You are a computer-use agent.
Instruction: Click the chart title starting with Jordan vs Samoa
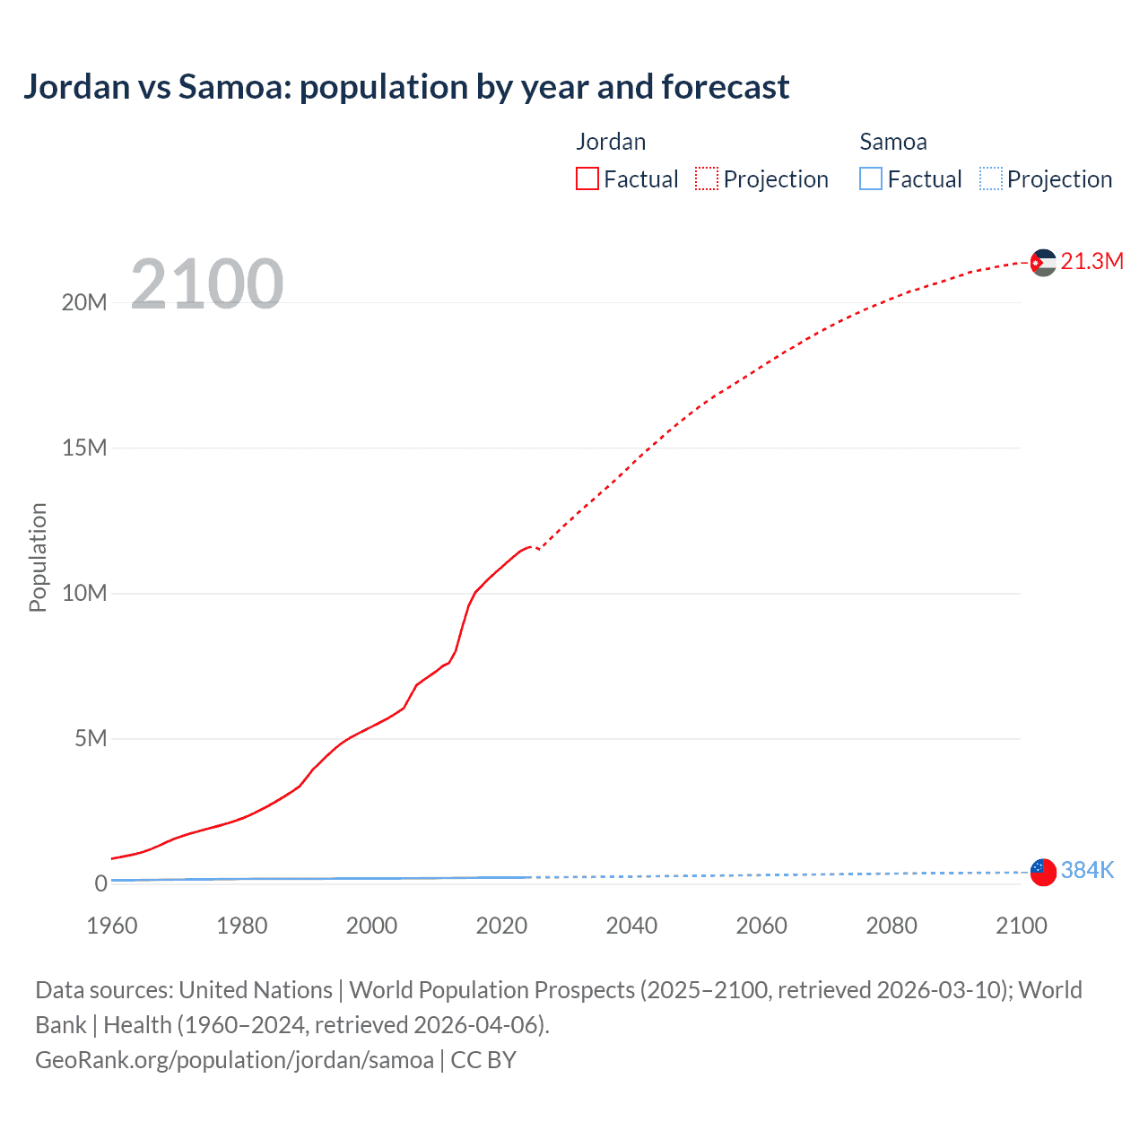pos(406,87)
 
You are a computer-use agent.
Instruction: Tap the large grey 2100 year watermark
pos(207,284)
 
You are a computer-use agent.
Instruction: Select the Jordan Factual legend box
pos(587,178)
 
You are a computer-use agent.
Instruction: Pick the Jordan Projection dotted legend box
pos(707,178)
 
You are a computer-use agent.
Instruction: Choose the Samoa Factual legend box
pos(871,178)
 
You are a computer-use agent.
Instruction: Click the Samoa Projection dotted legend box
pos(991,178)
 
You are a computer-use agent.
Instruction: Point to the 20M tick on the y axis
pos(84,302)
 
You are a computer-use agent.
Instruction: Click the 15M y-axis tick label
pos(84,448)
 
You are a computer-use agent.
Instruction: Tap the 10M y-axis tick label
pos(84,593)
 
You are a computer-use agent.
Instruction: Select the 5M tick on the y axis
pos(91,738)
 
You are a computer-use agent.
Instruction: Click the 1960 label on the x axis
pos(112,926)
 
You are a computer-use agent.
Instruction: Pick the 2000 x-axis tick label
pos(372,926)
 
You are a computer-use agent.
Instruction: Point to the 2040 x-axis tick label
pos(631,926)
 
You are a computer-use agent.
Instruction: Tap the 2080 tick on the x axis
pos(891,926)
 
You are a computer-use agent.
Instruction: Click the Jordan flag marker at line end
pos(1043,263)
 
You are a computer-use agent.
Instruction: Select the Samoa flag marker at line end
pos(1043,871)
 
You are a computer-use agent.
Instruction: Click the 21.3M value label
pos(1091,261)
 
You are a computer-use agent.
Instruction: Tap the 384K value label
pos(1087,870)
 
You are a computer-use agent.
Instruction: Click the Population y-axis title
pos(38,557)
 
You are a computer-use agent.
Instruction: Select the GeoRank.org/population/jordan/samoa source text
pos(234,1060)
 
